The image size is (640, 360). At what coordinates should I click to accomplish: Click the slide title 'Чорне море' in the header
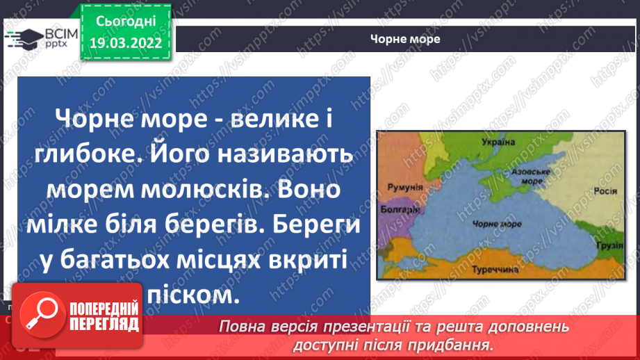pos(405,39)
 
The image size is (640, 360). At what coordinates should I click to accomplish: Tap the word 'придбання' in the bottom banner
pos(451,344)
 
